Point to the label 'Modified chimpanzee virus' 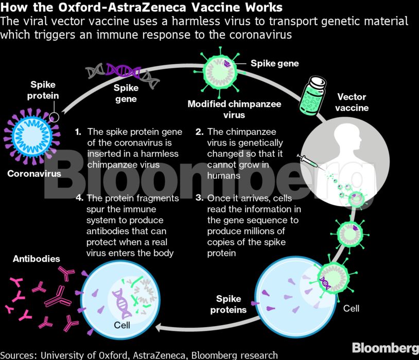click(234, 109)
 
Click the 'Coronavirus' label click(34, 174)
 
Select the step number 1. click(78, 132)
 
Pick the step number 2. click(199, 132)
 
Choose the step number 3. click(199, 198)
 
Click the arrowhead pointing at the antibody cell click(161, 327)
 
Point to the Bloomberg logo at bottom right click(385, 346)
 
